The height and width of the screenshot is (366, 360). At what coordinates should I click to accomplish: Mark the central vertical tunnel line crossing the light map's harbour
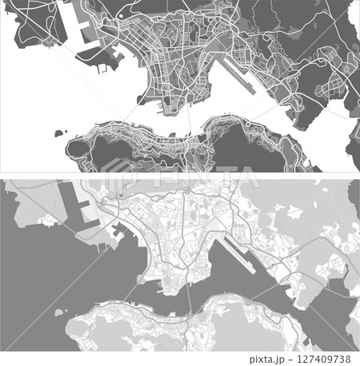[189, 296]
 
